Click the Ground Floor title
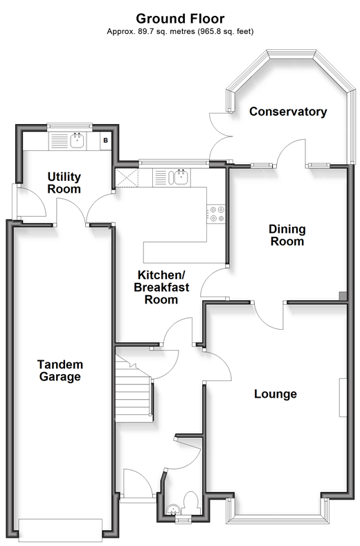pyautogui.click(x=180, y=19)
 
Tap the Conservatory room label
pyautogui.click(x=288, y=112)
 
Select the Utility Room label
pyautogui.click(x=64, y=183)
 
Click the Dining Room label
pyautogui.click(x=287, y=235)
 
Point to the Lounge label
pyautogui.click(x=276, y=394)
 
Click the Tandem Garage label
pyautogui.click(x=60, y=371)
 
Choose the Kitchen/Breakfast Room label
pyautogui.click(x=161, y=288)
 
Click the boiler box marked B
pyautogui.click(x=106, y=141)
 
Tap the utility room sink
pyautogui.click(x=77, y=141)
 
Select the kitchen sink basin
pyautogui.click(x=181, y=177)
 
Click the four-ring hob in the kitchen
pyautogui.click(x=216, y=214)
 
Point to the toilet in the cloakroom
pyautogui.click(x=190, y=502)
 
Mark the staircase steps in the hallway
pyautogui.click(x=134, y=388)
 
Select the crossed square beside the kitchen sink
pyautogui.click(x=127, y=178)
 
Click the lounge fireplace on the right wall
pyautogui.click(x=343, y=397)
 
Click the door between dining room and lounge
pyautogui.click(x=269, y=315)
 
